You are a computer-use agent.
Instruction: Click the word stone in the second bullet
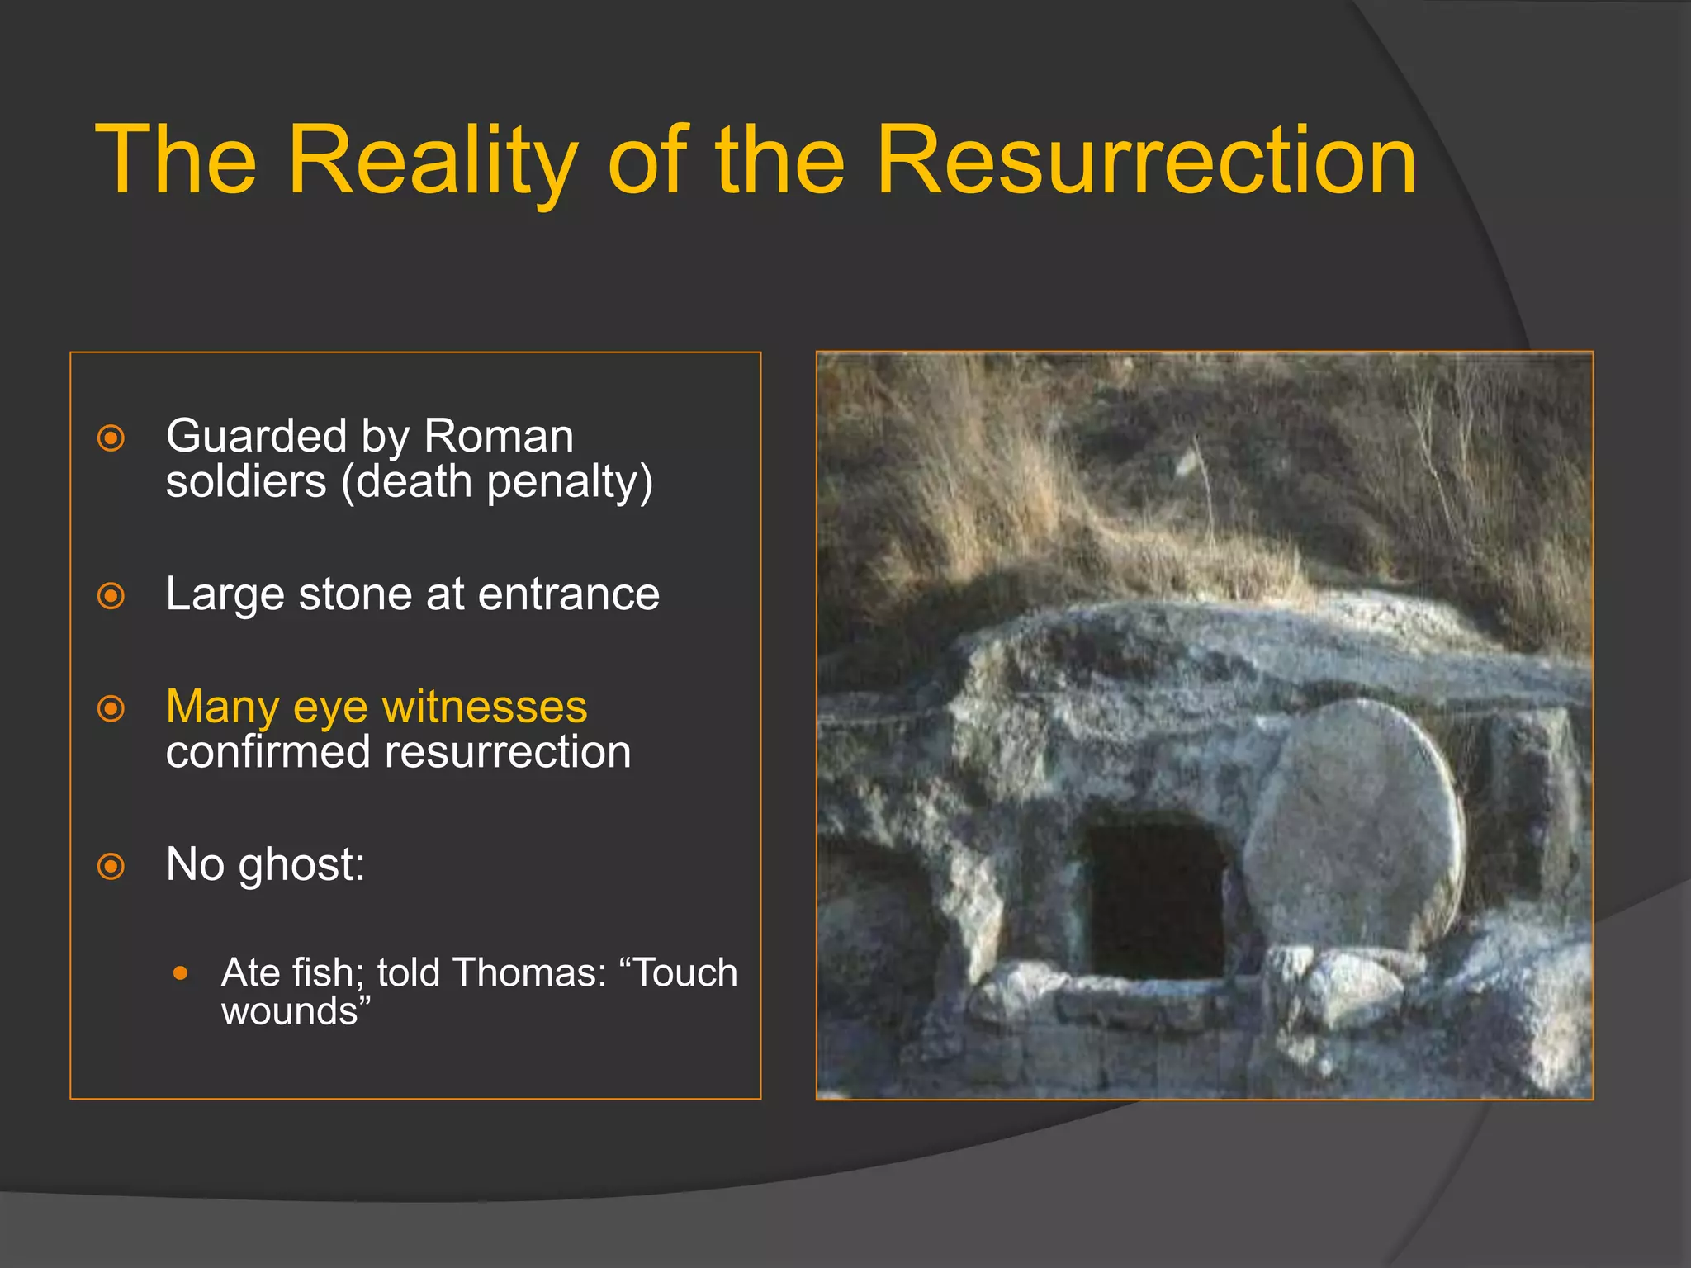click(348, 594)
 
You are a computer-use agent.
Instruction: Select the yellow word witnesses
click(485, 707)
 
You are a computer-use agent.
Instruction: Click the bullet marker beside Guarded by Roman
click(111, 438)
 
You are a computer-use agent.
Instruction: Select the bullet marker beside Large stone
click(111, 595)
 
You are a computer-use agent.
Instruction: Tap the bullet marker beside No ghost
click(111, 867)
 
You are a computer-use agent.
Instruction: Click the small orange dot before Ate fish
click(181, 973)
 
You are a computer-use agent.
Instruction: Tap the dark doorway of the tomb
click(1156, 900)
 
